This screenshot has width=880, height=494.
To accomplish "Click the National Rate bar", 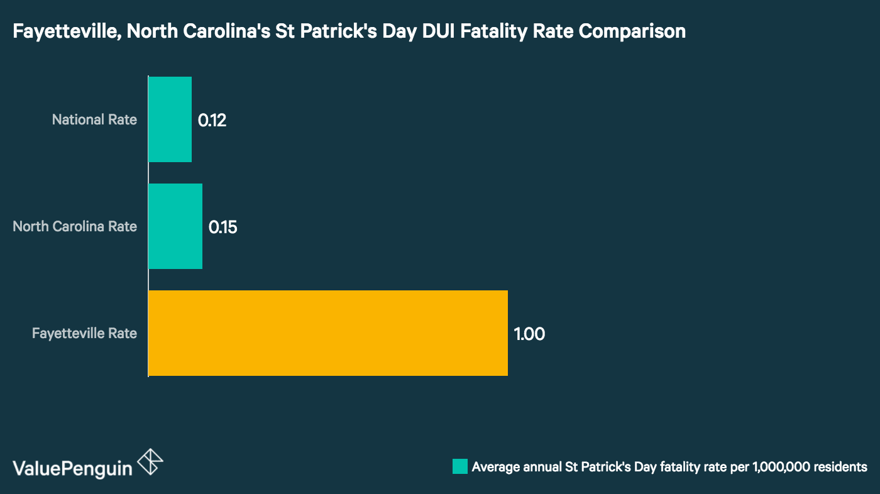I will tap(170, 119).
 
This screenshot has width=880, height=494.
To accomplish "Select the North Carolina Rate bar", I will tap(175, 226).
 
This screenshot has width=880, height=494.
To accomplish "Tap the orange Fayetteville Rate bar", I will tap(327, 333).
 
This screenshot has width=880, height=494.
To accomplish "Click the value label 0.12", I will tap(212, 120).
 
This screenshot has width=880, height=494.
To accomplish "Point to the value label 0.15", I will tap(223, 227).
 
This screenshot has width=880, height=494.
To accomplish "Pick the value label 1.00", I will tap(529, 334).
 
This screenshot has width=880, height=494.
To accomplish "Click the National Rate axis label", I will tap(94, 119).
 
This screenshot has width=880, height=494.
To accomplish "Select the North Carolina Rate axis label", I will tap(75, 226).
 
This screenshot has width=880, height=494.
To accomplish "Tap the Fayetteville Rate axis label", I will tap(84, 333).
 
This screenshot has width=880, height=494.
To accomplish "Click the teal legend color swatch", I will tap(459, 466).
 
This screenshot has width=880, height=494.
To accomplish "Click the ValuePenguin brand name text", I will tap(72, 468).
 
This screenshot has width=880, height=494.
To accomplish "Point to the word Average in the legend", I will tap(494, 467).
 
